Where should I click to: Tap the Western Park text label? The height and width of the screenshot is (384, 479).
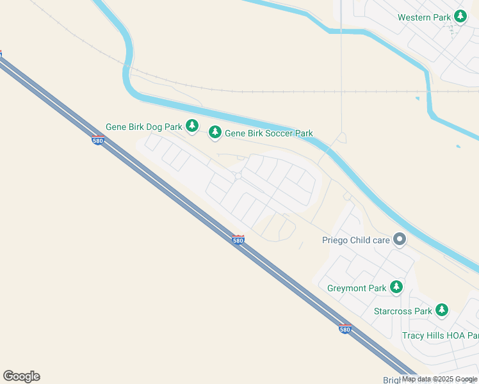click(424, 17)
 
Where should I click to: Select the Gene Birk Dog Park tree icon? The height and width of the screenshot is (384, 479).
click(191, 126)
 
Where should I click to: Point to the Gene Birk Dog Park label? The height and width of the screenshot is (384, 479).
click(144, 127)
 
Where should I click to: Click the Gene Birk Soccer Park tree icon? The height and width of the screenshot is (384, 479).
click(215, 132)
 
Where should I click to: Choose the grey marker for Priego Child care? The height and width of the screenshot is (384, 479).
click(400, 240)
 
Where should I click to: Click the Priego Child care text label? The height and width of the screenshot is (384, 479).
click(355, 241)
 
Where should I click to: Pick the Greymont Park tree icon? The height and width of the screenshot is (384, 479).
click(397, 287)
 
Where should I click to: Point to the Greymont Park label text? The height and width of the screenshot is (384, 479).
click(356, 288)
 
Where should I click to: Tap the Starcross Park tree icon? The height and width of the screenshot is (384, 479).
click(441, 310)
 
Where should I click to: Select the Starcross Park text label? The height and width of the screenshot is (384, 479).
click(403, 311)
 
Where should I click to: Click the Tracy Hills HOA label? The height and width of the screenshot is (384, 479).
click(440, 335)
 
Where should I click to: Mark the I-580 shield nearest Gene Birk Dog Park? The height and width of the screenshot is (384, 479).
click(97, 141)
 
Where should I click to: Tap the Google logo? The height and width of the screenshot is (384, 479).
click(21, 376)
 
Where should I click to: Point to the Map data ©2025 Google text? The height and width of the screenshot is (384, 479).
click(439, 379)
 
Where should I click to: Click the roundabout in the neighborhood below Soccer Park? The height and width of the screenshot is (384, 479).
click(238, 175)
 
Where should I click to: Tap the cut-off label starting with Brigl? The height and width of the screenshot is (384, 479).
click(391, 380)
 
